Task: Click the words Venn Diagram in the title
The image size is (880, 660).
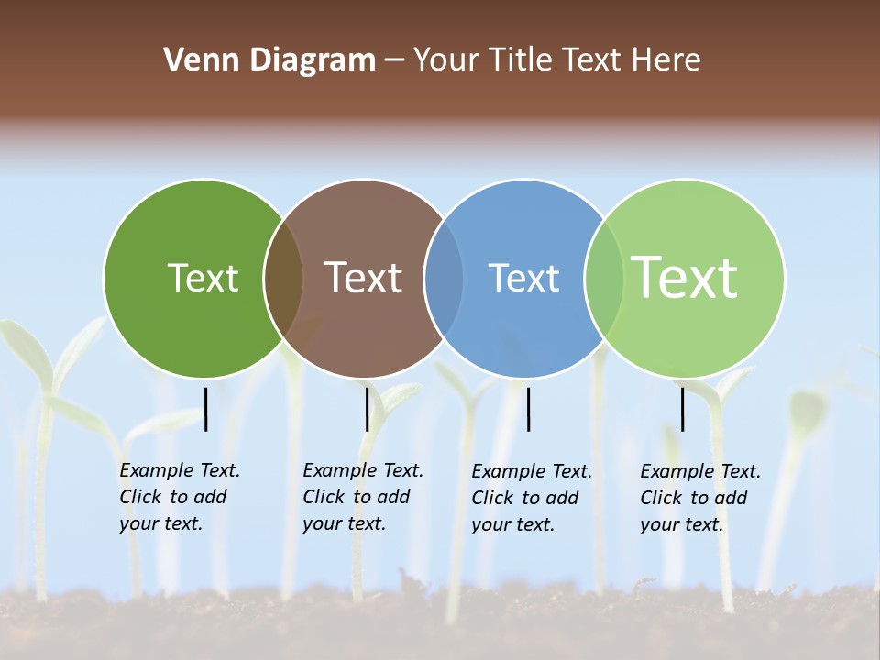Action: (x=269, y=60)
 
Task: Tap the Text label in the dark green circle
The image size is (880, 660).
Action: (x=203, y=278)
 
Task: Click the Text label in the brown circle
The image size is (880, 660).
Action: (x=363, y=278)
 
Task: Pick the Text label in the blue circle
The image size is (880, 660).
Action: (x=523, y=278)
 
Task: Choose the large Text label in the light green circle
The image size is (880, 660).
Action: (x=685, y=278)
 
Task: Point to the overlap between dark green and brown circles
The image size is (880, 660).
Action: (x=283, y=279)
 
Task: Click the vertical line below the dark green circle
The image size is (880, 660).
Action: (x=206, y=409)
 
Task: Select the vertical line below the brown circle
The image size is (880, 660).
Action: (x=367, y=409)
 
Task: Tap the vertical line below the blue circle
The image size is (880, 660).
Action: (x=528, y=409)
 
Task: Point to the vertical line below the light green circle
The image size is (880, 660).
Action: (x=682, y=409)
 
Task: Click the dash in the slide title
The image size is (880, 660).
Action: (x=394, y=60)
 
